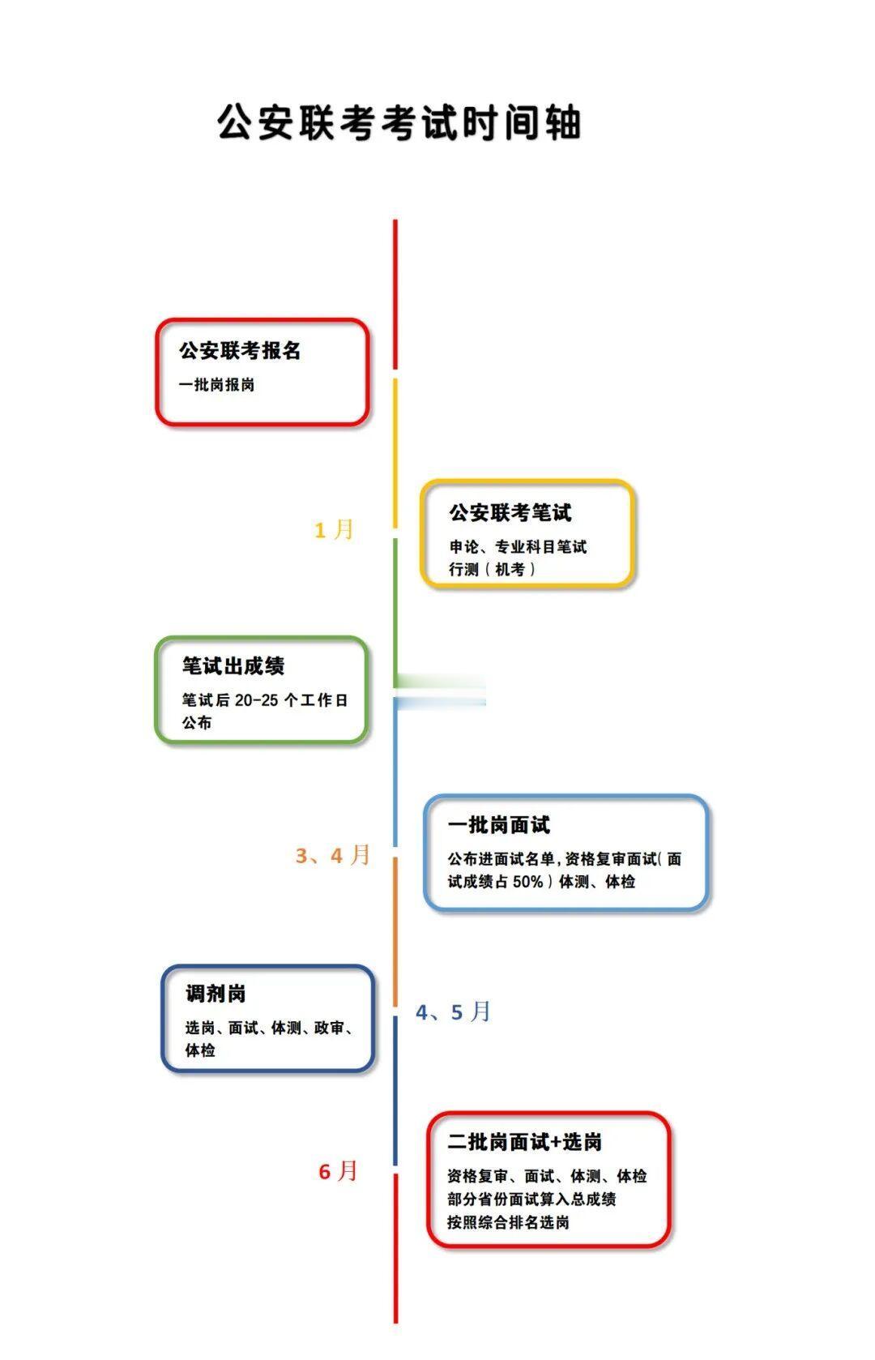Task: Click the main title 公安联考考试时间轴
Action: click(399, 123)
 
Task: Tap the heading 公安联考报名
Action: click(240, 351)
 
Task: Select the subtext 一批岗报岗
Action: click(216, 385)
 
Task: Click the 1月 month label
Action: click(334, 530)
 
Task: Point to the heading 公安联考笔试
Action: click(510, 512)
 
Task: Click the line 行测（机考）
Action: click(492, 570)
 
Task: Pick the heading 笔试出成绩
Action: click(233, 666)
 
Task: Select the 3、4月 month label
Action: click(332, 855)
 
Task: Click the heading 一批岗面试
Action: click(498, 825)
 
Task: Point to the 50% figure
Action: click(527, 882)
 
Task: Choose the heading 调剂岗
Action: click(216, 994)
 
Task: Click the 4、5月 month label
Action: click(453, 1012)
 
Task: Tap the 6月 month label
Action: click(338, 1171)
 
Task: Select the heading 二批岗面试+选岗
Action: click(524, 1143)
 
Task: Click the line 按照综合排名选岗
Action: click(508, 1222)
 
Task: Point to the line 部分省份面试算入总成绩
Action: click(531, 1200)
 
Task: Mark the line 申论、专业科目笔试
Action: click(518, 547)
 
